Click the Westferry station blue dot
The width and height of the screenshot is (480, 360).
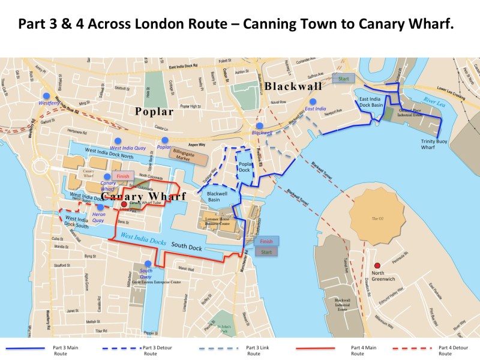coord(44,95)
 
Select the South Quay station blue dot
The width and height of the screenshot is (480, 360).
coord(148,264)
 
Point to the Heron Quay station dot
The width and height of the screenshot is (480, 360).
coord(100,207)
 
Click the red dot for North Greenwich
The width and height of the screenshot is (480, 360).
coord(377,265)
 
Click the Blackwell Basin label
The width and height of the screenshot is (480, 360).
coord(217,197)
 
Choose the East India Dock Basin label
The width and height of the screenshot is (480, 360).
coord(371,102)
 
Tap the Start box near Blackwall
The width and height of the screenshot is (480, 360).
coord(343,79)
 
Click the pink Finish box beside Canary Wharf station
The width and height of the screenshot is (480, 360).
coord(122,176)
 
